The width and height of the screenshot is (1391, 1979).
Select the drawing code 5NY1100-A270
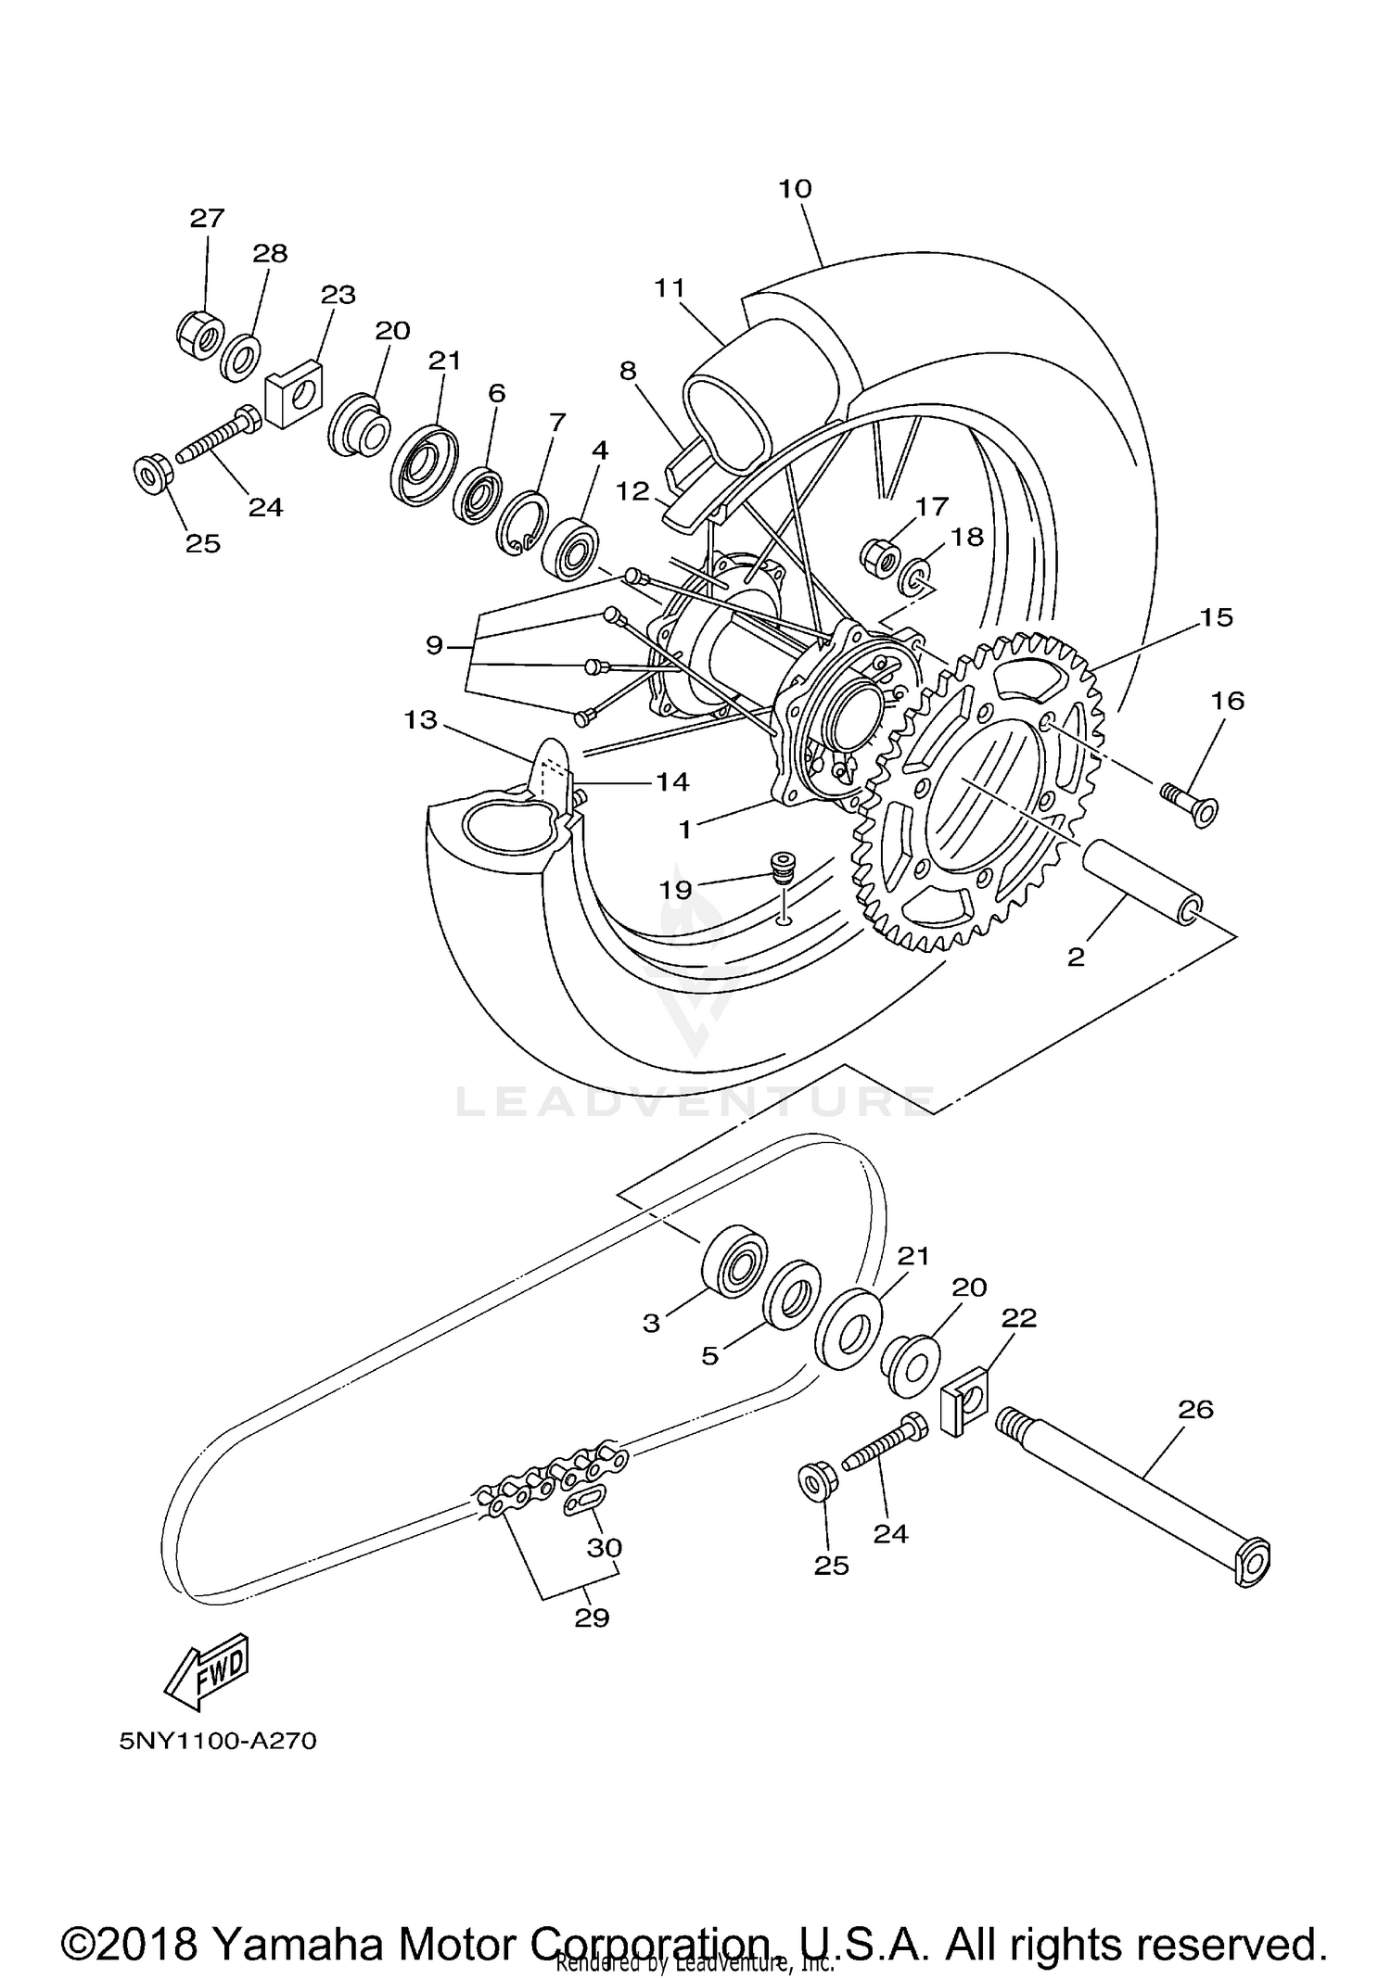pos(218,1742)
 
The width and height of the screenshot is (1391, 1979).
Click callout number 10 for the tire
pos(795,189)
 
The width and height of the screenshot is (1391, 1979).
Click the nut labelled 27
pos(198,331)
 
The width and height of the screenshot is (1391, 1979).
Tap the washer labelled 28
pos(240,357)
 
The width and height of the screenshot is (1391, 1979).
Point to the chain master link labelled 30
pos(584,1500)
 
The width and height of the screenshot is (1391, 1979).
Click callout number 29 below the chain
pos(592,1617)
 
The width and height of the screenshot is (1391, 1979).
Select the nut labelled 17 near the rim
pos(878,555)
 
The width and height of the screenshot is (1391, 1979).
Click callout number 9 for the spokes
pos(433,645)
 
